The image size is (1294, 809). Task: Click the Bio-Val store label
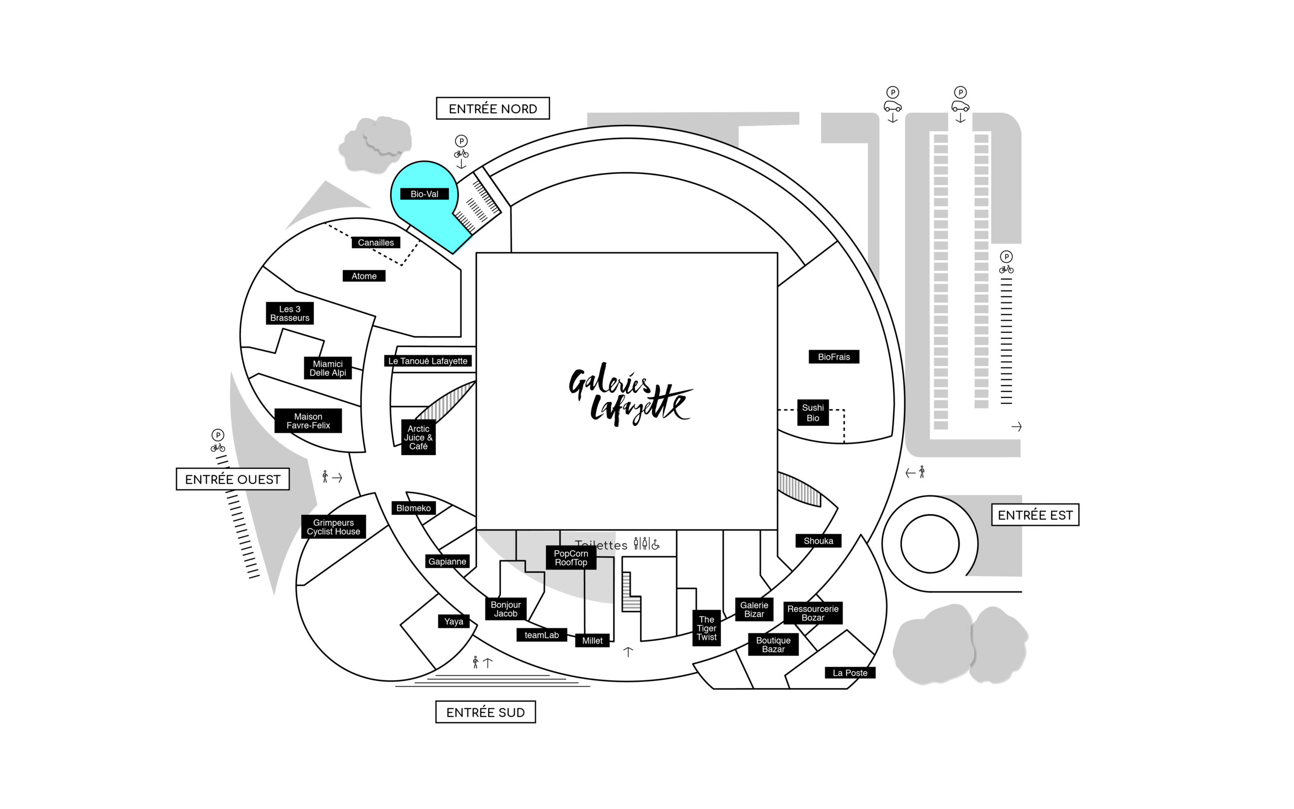(424, 194)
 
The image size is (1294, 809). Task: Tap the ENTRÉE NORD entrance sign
(492, 109)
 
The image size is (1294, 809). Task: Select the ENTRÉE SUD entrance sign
(486, 712)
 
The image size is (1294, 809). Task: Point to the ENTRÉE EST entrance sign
(1035, 515)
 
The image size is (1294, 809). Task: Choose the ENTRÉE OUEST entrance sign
(233, 479)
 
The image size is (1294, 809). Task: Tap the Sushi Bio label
(813, 413)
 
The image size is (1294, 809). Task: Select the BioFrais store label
(834, 357)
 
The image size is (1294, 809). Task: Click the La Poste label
(850, 673)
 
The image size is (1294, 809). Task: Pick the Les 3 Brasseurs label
(290, 313)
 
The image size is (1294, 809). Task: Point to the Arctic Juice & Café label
(418, 437)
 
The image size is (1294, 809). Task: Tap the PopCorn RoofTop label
(571, 558)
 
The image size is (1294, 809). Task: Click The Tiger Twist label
(706, 628)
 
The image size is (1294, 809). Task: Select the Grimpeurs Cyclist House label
(333, 527)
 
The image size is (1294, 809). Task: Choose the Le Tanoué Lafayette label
(428, 361)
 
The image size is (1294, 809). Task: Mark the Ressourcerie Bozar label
(813, 613)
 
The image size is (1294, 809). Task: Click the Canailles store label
(376, 243)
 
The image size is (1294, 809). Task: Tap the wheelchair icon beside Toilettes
(656, 545)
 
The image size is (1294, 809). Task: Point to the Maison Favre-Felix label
(308, 421)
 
